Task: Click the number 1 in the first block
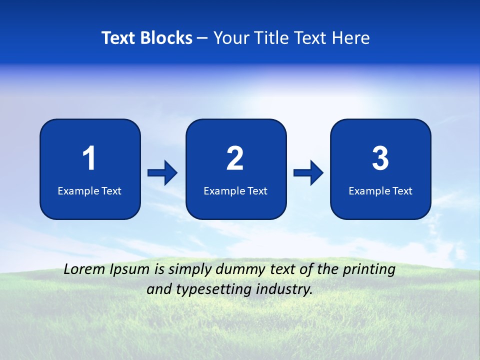point(89,158)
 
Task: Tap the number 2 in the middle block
point(235,158)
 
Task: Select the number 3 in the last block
point(380,158)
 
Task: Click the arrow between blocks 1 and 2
point(162,173)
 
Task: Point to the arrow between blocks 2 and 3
point(308,173)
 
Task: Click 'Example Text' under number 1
point(89,191)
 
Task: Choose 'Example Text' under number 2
point(235,191)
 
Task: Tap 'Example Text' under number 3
point(380,191)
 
